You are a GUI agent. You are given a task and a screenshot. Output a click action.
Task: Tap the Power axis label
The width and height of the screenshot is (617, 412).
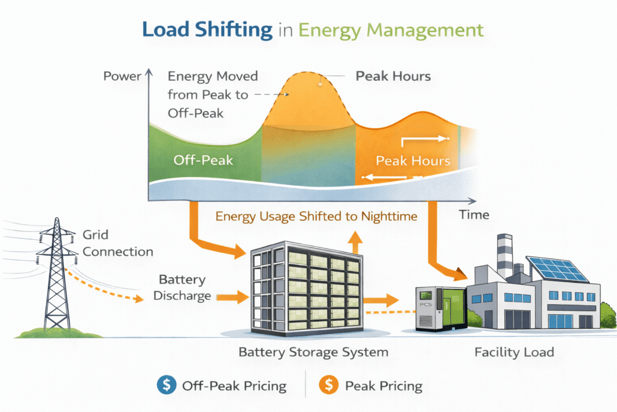click(122, 76)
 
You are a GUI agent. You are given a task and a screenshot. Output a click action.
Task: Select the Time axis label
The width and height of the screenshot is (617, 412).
click(474, 214)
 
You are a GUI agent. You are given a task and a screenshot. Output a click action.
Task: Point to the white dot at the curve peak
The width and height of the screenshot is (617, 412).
click(320, 83)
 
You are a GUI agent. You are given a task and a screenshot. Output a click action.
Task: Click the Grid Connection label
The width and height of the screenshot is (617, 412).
click(118, 243)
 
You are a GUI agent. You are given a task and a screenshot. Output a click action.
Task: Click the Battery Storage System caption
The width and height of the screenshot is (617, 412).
click(313, 352)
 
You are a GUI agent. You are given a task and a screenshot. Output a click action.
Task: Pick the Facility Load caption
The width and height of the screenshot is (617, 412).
click(514, 352)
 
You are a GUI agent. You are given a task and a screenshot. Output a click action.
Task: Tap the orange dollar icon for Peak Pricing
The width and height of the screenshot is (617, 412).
click(328, 386)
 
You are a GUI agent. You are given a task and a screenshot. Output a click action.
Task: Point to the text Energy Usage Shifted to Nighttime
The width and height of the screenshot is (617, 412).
click(316, 216)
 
